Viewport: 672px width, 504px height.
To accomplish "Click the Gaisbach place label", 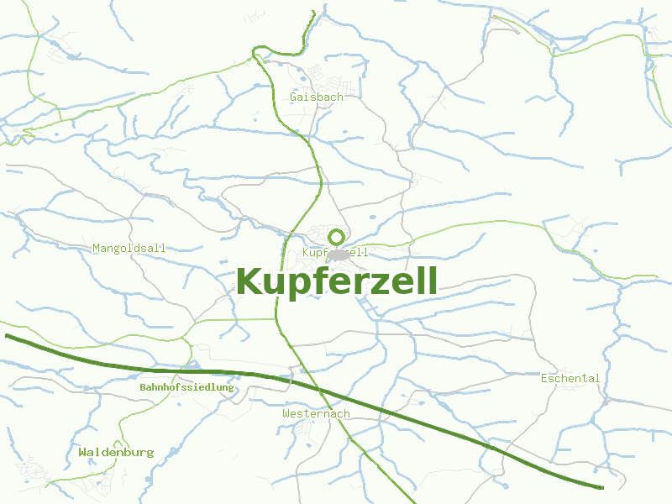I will pyautogui.click(x=316, y=97).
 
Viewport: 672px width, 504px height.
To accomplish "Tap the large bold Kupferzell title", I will pyautogui.click(x=337, y=281).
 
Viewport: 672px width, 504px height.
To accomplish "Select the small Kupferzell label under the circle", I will pyautogui.click(x=335, y=253).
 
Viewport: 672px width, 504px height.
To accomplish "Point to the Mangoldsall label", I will pyautogui.click(x=129, y=249).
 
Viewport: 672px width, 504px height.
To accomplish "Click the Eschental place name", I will pyautogui.click(x=570, y=379).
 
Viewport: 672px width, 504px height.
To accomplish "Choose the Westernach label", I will pyautogui.click(x=316, y=414).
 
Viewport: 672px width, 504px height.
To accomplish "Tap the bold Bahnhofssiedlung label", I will pyautogui.click(x=186, y=388).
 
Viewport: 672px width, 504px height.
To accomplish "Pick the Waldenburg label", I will pyautogui.click(x=116, y=453).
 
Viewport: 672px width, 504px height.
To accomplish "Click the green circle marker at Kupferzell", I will pyautogui.click(x=336, y=237).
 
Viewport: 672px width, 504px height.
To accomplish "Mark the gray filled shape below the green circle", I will pyautogui.click(x=338, y=255).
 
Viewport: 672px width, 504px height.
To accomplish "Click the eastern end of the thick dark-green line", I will pyautogui.click(x=602, y=487).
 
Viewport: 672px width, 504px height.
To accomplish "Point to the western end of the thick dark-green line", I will pyautogui.click(x=7, y=336).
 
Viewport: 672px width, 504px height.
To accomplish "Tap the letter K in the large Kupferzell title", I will pyautogui.click(x=251, y=281).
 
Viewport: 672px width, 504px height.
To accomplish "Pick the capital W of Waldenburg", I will pyautogui.click(x=83, y=453).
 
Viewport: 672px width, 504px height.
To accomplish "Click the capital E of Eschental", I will pyautogui.click(x=544, y=379).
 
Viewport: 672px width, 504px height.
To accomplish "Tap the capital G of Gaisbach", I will pyautogui.click(x=293, y=97).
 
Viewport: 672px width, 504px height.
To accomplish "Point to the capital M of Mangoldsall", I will pyautogui.click(x=97, y=249).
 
